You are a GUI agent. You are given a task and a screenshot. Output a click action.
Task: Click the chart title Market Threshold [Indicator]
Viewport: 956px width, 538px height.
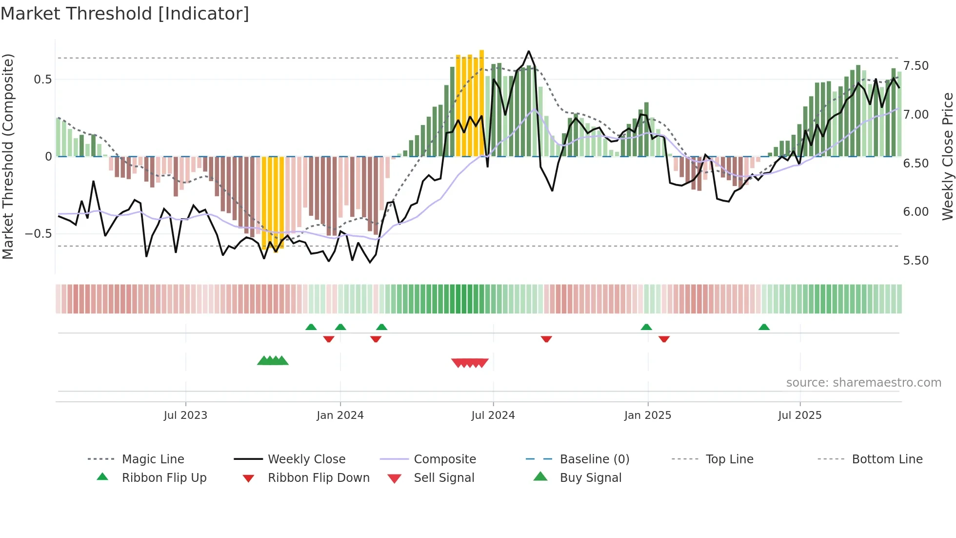pyautogui.click(x=125, y=14)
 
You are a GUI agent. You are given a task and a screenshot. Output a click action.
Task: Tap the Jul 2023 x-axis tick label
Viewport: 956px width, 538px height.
pyautogui.click(x=185, y=415)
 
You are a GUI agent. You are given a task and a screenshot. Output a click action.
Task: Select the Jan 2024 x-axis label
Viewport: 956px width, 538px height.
pyautogui.click(x=340, y=415)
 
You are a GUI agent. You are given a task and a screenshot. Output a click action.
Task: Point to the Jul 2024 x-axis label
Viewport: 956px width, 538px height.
pyautogui.click(x=493, y=415)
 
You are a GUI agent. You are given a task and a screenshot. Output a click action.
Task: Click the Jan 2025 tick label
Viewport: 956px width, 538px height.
pyautogui.click(x=648, y=415)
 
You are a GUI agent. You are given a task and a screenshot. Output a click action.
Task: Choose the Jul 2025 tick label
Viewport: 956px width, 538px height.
pyautogui.click(x=800, y=415)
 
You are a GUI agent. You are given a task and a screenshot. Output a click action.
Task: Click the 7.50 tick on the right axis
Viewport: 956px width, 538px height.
pyautogui.click(x=916, y=66)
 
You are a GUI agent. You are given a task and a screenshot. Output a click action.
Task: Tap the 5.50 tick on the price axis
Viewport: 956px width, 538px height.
pyautogui.click(x=916, y=261)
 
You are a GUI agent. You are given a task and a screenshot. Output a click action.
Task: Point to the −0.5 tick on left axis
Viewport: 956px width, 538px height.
pyautogui.click(x=38, y=234)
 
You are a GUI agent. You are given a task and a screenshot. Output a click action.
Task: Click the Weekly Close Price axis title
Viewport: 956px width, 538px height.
pyautogui.click(x=947, y=156)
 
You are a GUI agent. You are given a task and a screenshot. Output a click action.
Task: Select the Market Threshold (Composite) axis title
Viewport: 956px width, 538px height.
pyautogui.click(x=8, y=156)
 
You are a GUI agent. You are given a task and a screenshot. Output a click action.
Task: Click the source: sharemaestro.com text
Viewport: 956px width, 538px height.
pyautogui.click(x=863, y=383)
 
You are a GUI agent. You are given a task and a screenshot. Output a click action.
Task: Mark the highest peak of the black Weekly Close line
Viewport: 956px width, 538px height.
pyautogui.click(x=529, y=51)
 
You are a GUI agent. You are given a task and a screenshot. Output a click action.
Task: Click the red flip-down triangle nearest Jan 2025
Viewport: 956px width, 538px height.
pyautogui.click(x=664, y=339)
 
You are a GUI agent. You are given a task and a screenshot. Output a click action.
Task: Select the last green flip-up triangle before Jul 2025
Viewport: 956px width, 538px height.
pyautogui.click(x=764, y=327)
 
